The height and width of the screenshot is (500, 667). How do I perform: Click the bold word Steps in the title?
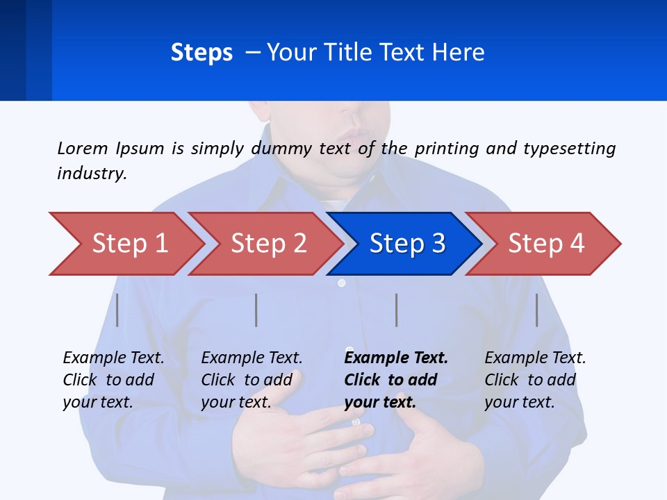pos(201,53)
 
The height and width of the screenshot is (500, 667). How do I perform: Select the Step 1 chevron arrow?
pos(129,244)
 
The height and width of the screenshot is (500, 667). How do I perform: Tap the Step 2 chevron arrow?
pos(268,244)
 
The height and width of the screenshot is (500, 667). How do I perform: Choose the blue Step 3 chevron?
pos(407,244)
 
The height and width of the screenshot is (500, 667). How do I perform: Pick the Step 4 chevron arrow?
pos(546,244)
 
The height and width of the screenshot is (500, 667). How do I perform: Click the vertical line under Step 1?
pos(117,310)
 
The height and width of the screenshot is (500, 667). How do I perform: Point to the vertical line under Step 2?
pos(256,310)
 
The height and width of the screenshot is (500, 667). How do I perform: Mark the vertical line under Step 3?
pos(397,310)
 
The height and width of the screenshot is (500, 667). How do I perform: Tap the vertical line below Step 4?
pos(537,310)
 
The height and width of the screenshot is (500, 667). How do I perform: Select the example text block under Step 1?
pos(113,380)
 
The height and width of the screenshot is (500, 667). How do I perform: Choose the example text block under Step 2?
pos(252,380)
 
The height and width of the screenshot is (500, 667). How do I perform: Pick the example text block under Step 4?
pos(535,380)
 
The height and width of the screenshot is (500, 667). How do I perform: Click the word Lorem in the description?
pos(83,148)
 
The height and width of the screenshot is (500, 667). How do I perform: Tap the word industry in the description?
pos(92,174)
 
